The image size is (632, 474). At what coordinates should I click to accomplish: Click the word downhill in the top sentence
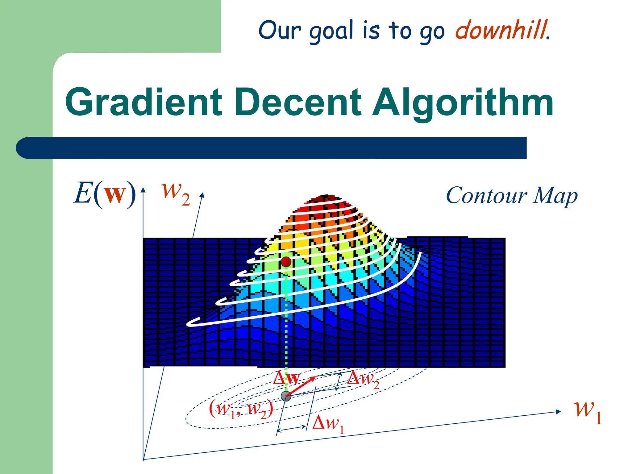click(501, 30)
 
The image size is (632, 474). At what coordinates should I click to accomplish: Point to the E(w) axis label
click(105, 194)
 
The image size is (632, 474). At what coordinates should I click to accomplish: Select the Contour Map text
click(511, 196)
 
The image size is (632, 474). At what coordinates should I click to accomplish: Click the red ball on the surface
click(286, 262)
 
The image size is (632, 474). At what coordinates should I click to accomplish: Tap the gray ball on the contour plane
click(286, 396)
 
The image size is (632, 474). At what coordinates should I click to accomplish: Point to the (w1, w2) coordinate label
click(241, 409)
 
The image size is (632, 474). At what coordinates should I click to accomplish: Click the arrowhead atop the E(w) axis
click(143, 189)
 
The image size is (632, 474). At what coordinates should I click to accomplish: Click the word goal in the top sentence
click(331, 31)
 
